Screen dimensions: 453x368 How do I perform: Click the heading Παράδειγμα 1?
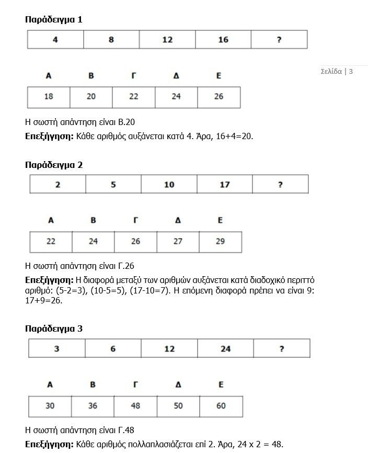tap(54, 20)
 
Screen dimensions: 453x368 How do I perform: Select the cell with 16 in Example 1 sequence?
tap(223, 40)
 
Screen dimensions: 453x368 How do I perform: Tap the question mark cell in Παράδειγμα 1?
tap(279, 40)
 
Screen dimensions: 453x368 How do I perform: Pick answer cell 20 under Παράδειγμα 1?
tap(91, 97)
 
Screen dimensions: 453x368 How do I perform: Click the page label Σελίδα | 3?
tap(337, 71)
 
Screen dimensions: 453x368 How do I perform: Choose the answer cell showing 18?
tap(49, 97)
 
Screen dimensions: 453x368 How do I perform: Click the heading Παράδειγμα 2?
tap(54, 165)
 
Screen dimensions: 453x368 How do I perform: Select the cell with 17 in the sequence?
tap(225, 185)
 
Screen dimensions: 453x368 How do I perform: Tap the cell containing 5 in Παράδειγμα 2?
tap(113, 185)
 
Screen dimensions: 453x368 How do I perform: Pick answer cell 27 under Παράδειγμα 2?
tap(178, 242)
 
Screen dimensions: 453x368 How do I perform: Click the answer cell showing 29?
tap(220, 242)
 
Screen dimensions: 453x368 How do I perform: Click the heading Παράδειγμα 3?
tap(54, 329)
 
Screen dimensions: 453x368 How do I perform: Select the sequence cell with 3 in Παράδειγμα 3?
tap(57, 349)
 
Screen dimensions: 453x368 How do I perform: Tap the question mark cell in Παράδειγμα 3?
tap(281, 349)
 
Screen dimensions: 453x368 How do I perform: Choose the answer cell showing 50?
tap(178, 406)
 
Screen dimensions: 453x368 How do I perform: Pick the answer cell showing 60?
tap(221, 406)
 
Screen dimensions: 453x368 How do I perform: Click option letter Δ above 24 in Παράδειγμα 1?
tap(176, 76)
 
